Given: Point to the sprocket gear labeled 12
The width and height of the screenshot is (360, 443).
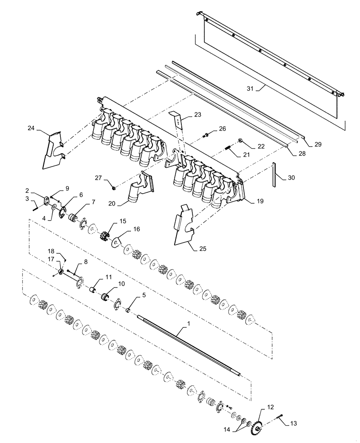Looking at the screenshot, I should click(x=257, y=427).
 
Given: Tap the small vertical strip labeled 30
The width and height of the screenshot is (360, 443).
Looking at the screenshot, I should click(x=275, y=175).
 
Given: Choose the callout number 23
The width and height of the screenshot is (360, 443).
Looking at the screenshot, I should click(x=197, y=115).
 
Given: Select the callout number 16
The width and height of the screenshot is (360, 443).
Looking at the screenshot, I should click(x=136, y=229).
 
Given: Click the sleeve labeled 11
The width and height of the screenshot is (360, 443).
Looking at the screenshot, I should click(x=94, y=290).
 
